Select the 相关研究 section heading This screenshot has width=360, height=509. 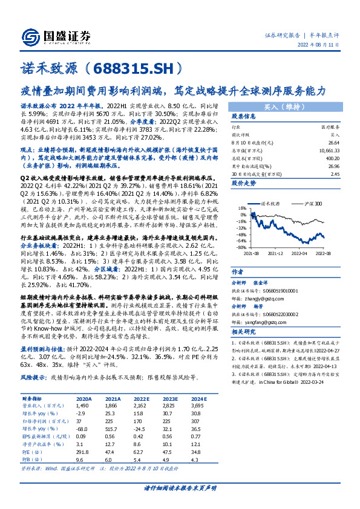[244, 332]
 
